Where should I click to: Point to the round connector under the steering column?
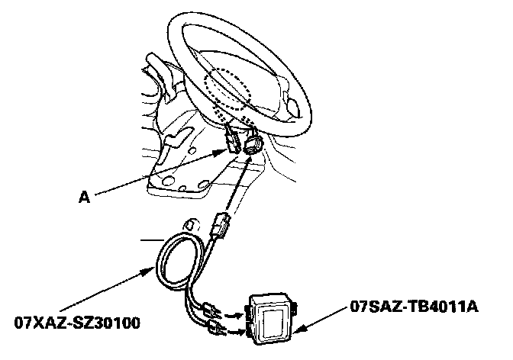253,146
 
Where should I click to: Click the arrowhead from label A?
224,150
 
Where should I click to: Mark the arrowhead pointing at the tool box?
299,330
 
